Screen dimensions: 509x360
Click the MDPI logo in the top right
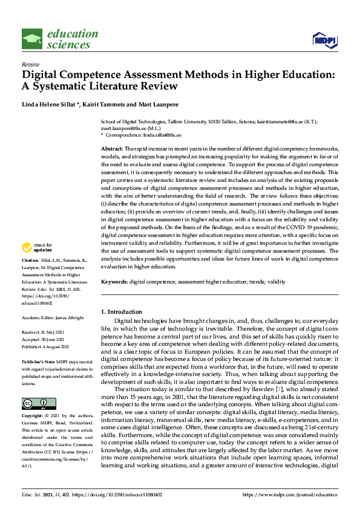324,40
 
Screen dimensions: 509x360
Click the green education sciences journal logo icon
32,39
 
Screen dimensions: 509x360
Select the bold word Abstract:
112,148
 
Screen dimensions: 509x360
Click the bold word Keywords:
114,282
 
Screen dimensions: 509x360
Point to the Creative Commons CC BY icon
34,386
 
